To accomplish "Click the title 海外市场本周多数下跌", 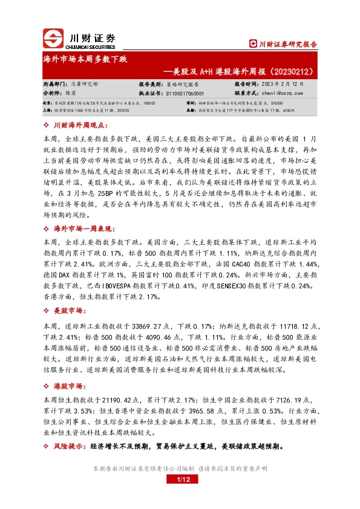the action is coord(85,59).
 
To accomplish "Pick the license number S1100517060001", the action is coord(184,94).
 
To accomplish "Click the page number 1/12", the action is coord(180,480).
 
